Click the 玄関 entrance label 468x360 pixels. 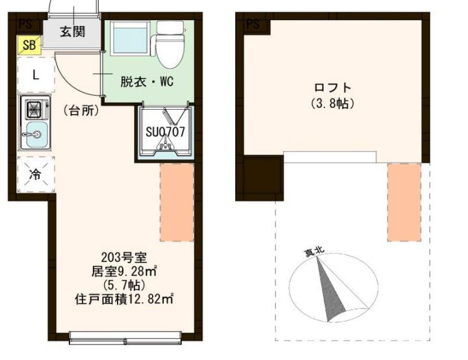pyautogui.click(x=72, y=32)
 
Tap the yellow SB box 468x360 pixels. pyautogui.click(x=29, y=45)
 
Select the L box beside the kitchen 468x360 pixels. pyautogui.click(x=36, y=74)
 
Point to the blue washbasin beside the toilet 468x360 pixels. pyautogui.click(x=129, y=40)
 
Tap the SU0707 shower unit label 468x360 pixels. pyautogui.click(x=165, y=131)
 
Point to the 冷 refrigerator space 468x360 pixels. pyautogui.click(x=36, y=174)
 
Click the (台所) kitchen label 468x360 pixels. pyautogui.click(x=81, y=110)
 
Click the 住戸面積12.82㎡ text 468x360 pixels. pyautogui.click(x=123, y=299)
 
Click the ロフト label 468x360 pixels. pyautogui.click(x=332, y=88)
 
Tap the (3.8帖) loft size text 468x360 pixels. pyautogui.click(x=332, y=103)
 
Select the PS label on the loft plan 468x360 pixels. pyautogui.click(x=253, y=24)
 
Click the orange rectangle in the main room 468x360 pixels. pyautogui.click(x=177, y=201)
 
